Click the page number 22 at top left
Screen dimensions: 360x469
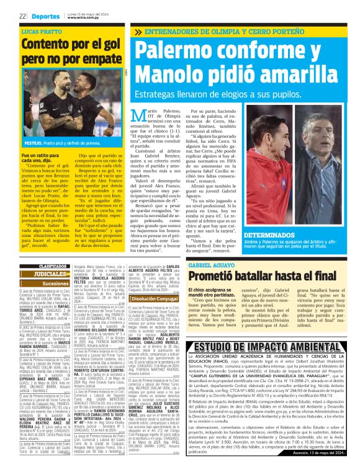coord(22,16)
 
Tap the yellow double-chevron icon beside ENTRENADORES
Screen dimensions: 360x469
coord(138,32)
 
